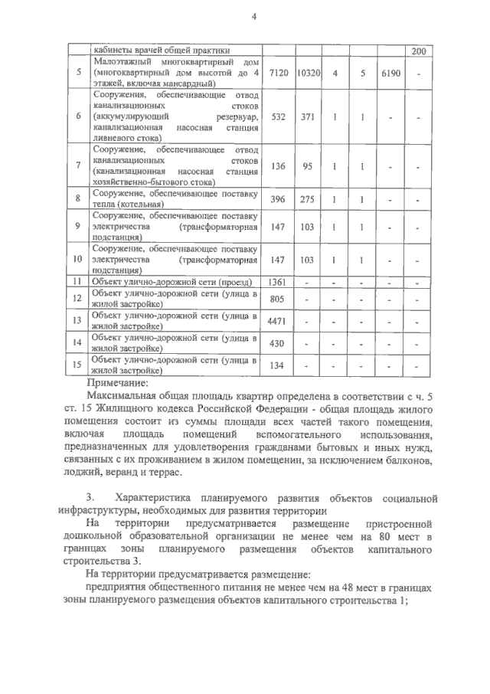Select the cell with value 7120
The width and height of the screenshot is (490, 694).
[279, 72]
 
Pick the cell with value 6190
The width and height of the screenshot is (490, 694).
[390, 72]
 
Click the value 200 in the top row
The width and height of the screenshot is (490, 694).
[418, 51]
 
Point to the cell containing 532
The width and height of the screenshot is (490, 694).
[279, 116]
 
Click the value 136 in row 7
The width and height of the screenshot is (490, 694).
[279, 165]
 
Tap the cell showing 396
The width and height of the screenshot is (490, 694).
[279, 199]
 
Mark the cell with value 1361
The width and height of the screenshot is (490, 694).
[279, 283]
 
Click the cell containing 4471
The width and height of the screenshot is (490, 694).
[279, 321]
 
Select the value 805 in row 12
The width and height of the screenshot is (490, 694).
[279, 299]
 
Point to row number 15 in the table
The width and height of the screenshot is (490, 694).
[77, 365]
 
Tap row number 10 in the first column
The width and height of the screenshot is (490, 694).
[77, 260]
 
